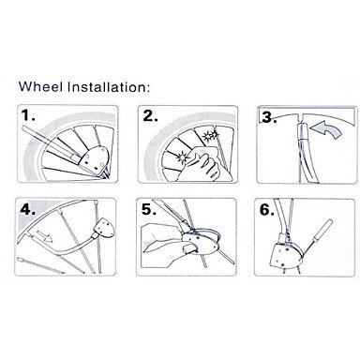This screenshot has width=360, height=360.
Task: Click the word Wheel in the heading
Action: pyautogui.click(x=40, y=86)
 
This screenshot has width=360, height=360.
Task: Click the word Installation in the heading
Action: pyautogui.click(x=107, y=86)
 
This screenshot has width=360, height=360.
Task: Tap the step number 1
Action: pyautogui.click(x=28, y=115)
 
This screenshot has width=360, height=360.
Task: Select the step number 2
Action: pyautogui.click(x=150, y=115)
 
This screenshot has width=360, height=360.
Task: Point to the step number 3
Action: pyautogui.click(x=269, y=118)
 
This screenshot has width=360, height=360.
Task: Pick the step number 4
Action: pyautogui.click(x=27, y=209)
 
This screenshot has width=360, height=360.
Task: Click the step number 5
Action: pyautogui.click(x=149, y=209)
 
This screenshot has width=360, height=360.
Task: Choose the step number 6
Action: pyautogui.click(x=267, y=210)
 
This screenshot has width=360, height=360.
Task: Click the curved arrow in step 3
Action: pyautogui.click(x=327, y=129)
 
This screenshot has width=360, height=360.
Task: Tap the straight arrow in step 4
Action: pyautogui.click(x=45, y=236)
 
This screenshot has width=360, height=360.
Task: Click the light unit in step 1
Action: pyautogui.click(x=93, y=160)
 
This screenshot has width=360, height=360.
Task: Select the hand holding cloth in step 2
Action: pyautogui.click(x=203, y=164)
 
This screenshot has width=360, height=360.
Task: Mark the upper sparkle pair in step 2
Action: pyautogui.click(x=210, y=136)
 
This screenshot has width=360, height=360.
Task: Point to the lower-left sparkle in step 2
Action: pyautogui.click(x=182, y=157)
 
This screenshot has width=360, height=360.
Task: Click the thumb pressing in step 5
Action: pyautogui.click(x=190, y=248)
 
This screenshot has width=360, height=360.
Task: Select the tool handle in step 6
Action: pyautogui.click(x=325, y=231)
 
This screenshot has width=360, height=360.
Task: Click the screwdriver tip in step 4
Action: pyautogui.click(x=19, y=260)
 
